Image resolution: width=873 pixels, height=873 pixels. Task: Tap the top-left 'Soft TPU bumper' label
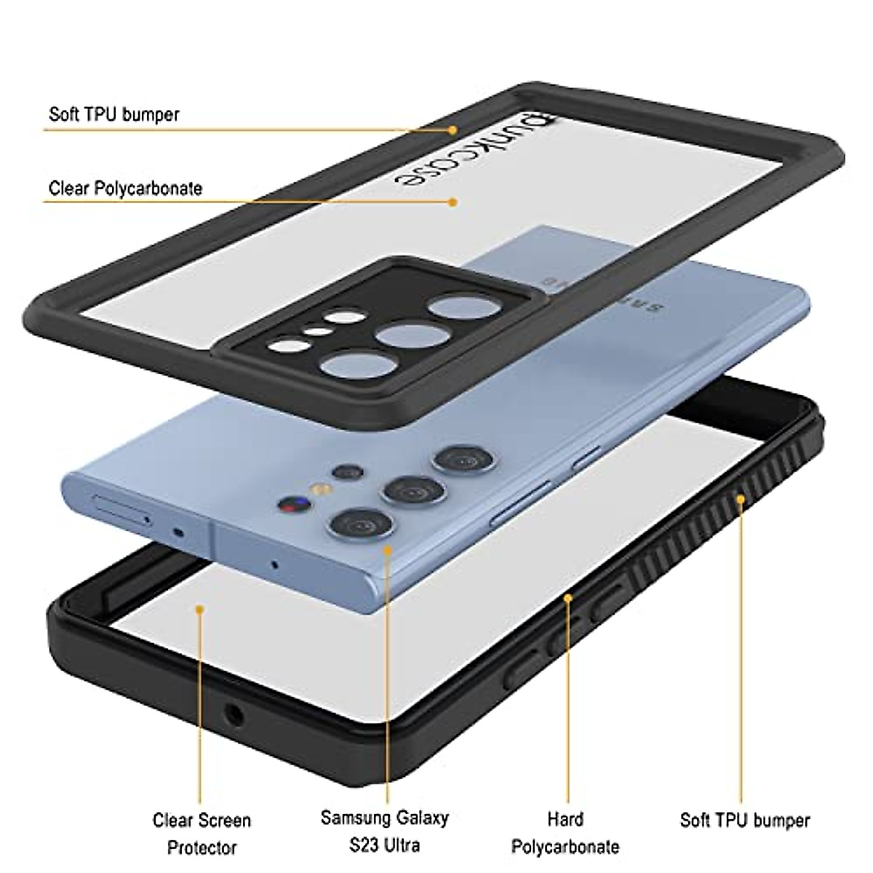point(113,114)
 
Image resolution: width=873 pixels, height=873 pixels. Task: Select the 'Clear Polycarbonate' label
point(125,188)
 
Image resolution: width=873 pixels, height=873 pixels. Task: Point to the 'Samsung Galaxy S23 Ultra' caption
point(384,830)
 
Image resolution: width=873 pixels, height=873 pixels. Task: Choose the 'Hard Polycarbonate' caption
point(565,832)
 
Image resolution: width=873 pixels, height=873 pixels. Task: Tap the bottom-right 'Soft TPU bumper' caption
point(744,821)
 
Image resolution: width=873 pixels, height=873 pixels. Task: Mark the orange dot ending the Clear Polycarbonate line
point(453,202)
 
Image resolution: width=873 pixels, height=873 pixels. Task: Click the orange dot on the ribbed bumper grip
point(741,500)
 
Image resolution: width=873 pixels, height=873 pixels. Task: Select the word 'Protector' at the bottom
point(202,848)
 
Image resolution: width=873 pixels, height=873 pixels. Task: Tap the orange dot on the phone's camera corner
point(388,550)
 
